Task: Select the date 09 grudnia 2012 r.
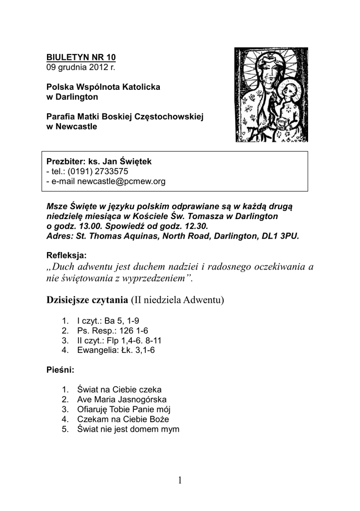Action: [x=73, y=67]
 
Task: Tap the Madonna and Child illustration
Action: [x=271, y=95]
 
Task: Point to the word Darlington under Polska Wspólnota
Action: [x=76, y=96]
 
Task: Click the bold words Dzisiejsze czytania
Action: [x=86, y=300]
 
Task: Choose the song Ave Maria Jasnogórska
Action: [x=121, y=399]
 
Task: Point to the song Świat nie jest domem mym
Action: [x=128, y=429]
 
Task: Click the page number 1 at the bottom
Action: [x=179, y=480]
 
